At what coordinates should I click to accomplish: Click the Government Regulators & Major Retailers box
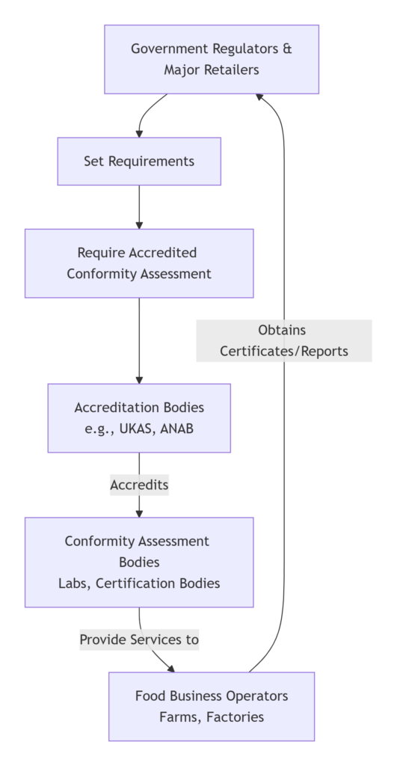[x=212, y=59]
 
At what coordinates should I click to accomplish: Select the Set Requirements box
[x=139, y=161]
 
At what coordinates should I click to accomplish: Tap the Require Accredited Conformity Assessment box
[x=139, y=263]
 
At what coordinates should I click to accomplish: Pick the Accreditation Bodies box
[x=139, y=418]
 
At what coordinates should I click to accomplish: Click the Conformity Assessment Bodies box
[x=139, y=562]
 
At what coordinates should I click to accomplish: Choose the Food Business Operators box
[x=212, y=706]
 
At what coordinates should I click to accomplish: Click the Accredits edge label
[x=139, y=485]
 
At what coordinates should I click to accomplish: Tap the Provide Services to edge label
[x=139, y=640]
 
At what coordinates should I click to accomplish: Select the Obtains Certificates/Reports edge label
[x=284, y=340]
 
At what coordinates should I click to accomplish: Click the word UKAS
[x=135, y=429]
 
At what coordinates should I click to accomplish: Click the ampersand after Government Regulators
[x=287, y=49]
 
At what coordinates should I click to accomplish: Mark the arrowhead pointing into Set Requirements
[x=139, y=133]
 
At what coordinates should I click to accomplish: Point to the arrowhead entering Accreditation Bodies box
[x=139, y=379]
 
